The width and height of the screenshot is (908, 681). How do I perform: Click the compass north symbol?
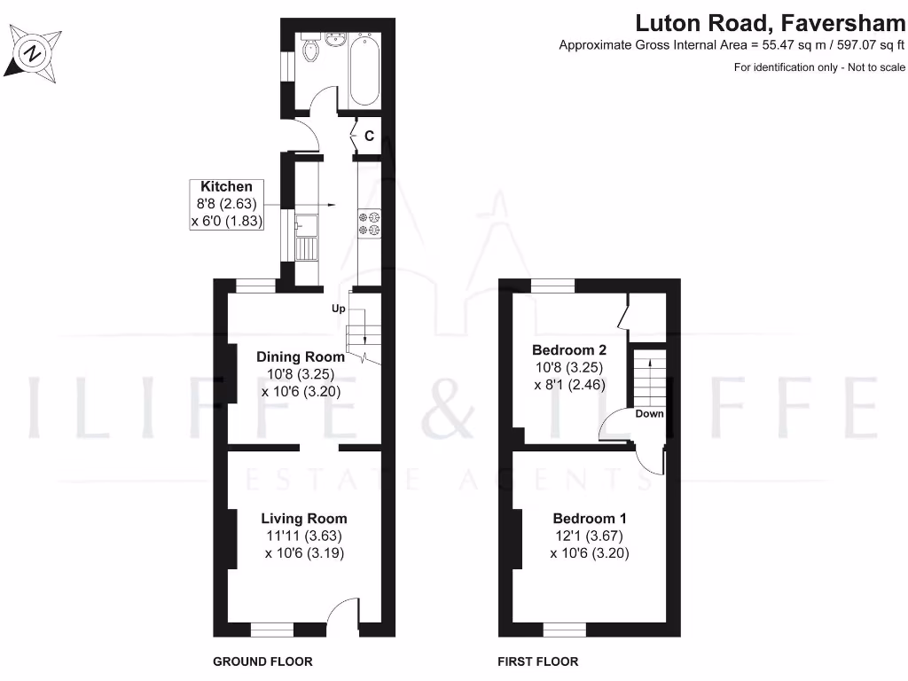click(x=34, y=53)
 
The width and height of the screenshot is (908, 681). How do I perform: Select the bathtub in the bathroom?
click(x=364, y=69)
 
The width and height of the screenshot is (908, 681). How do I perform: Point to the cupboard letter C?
click(x=369, y=137)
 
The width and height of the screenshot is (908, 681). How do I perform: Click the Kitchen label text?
click(x=226, y=187)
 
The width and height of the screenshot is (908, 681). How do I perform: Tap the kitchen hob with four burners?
click(x=369, y=223)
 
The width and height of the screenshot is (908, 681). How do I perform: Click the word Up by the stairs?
click(x=338, y=309)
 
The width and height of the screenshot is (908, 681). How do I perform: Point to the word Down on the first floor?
click(x=649, y=414)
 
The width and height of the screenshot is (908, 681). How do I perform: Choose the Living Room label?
click(x=303, y=519)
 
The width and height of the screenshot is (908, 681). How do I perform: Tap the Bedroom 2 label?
click(x=568, y=350)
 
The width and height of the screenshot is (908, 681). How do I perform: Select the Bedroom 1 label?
click(x=590, y=519)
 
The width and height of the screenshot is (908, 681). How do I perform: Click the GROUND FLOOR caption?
click(x=262, y=661)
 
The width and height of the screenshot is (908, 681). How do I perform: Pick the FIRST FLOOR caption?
click(x=537, y=661)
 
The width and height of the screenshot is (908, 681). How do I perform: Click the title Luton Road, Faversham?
click(x=770, y=22)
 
